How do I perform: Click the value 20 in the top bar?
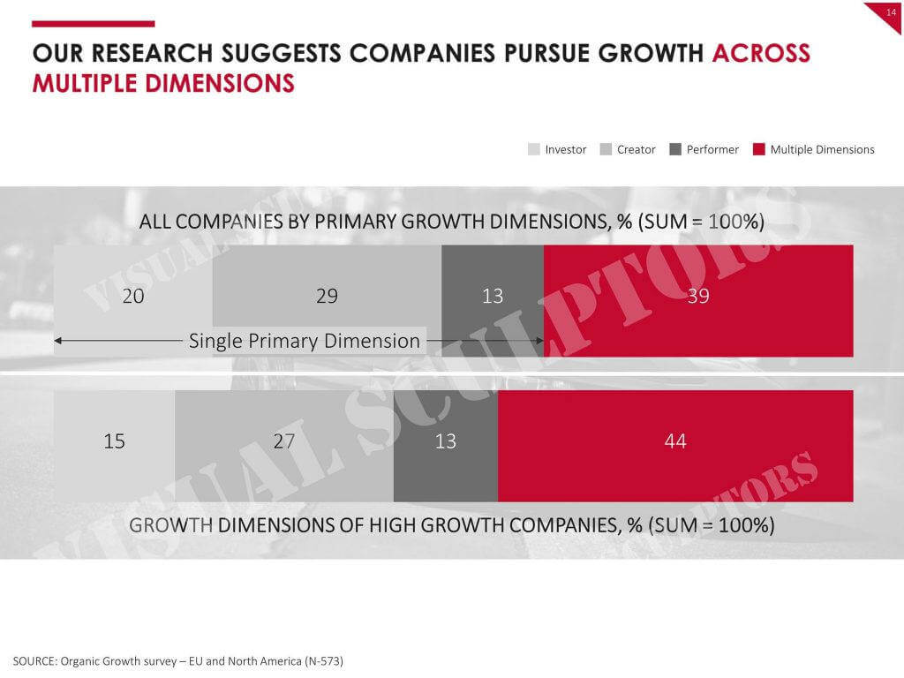pos(133,296)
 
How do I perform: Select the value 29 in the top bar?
pos(327,296)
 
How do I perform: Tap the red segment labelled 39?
pos(698,301)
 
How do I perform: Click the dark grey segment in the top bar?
pos(493,301)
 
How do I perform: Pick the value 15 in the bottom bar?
pos(114,441)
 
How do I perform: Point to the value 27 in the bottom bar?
pos(283,441)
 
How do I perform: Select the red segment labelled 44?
pos(675,446)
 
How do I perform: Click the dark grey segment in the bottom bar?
pos(446,446)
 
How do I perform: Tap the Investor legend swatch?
pos(534,149)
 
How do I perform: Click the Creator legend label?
pos(636,149)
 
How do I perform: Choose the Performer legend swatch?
pos(675,149)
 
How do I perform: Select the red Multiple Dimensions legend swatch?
pos(758,149)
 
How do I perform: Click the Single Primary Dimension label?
pos(305,341)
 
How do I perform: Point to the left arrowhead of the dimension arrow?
pos(57,341)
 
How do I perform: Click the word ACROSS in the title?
pos(761,53)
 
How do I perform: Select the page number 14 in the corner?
pos(892,12)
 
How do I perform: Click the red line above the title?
pos(94,24)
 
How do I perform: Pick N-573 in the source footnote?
pos(324,660)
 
